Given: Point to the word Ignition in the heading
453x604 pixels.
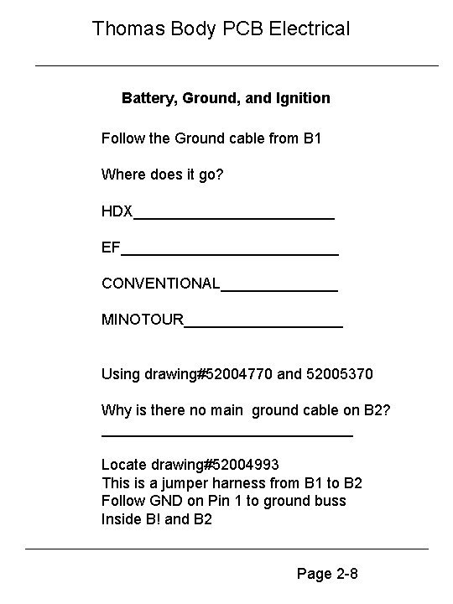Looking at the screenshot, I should (301, 98).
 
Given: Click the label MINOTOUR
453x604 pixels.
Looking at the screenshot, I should (142, 320).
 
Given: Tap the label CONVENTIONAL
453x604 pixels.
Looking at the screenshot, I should (160, 284).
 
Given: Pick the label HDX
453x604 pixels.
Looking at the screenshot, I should (117, 211).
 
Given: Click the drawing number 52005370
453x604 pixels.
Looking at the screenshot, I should (341, 373).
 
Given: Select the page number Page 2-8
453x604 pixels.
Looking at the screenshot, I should (328, 575).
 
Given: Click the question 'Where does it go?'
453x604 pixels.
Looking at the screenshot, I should (163, 174).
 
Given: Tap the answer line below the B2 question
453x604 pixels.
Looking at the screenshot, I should (226, 434).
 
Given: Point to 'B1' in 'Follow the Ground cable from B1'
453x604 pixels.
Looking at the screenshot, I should (310, 138).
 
